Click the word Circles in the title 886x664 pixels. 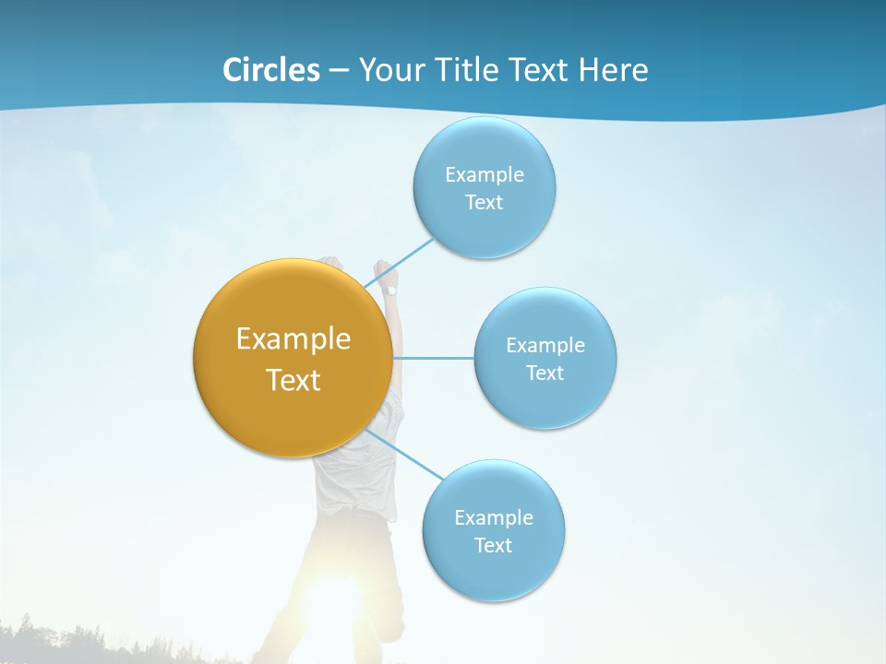pos(270,70)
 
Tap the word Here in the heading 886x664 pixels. pos(613,70)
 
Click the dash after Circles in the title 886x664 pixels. pos(338,71)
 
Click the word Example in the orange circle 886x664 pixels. pos(293,339)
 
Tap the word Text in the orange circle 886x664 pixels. pos(293,380)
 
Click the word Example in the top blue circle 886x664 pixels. pos(485,175)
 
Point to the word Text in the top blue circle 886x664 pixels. pos(485,203)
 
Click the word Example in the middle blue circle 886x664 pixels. pos(545,346)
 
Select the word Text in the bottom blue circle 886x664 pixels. pos(494,545)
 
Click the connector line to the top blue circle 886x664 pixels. pos(400,263)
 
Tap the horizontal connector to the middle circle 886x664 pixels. pos(434,358)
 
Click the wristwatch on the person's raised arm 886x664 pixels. pos(390,290)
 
